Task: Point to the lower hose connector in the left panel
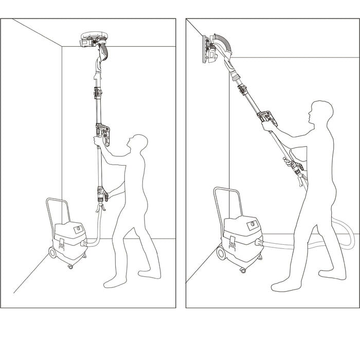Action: (101, 195)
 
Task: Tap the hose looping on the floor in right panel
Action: (339, 242)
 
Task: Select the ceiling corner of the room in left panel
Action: (62, 47)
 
